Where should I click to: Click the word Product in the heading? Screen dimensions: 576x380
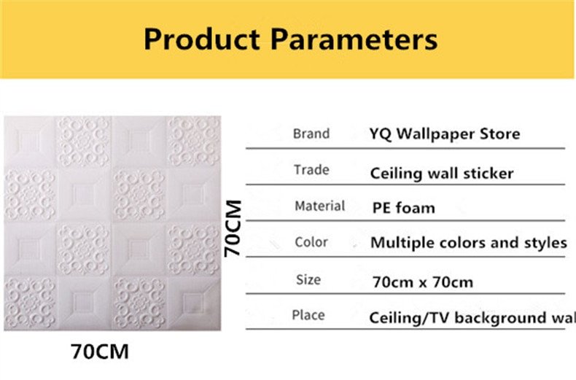coord(202,39)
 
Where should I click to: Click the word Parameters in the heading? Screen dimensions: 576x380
coord(354,39)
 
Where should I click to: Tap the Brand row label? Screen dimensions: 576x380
coord(311,133)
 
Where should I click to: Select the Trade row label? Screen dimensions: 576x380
coord(311,170)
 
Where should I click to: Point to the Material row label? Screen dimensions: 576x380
coord(320,206)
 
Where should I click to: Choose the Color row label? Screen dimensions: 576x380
coord(311,242)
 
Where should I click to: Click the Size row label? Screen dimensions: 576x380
coord(308,279)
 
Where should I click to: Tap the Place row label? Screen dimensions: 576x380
coord(308,315)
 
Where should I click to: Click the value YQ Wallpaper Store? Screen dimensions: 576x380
coord(445,133)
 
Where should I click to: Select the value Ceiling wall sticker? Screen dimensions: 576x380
coord(442,173)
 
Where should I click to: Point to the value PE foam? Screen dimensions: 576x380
coord(404,208)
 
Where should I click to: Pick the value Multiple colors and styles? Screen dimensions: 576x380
coord(469,243)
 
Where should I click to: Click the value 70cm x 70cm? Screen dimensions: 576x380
coord(423,282)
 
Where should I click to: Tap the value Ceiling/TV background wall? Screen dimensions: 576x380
coord(472,318)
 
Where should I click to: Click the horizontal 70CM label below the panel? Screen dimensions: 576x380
coord(100,352)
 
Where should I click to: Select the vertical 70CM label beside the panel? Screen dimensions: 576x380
coord(233,228)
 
